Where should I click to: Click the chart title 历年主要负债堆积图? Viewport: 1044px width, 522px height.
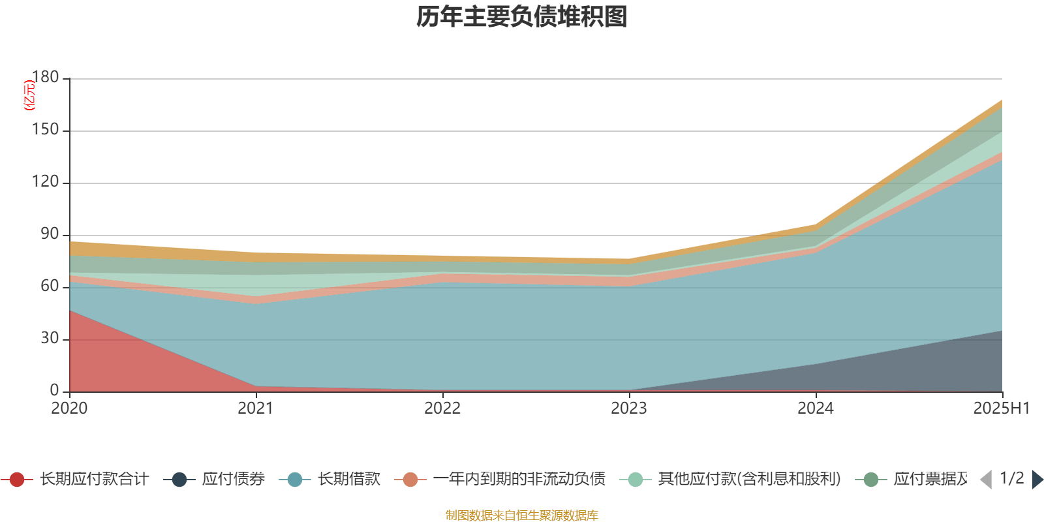click(522, 17)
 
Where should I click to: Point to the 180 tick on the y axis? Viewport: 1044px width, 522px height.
click(45, 78)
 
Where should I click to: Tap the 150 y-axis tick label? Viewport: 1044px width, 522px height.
click(45, 130)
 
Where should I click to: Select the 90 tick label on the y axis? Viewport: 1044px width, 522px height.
click(50, 234)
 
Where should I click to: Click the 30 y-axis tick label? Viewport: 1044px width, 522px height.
click(50, 339)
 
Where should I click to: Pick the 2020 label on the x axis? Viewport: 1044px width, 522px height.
click(69, 408)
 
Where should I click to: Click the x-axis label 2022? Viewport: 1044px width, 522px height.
click(442, 408)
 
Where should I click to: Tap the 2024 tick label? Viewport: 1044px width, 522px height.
click(816, 408)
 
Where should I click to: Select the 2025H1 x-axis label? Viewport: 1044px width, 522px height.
click(1000, 408)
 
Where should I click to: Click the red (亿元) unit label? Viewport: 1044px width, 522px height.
click(29, 95)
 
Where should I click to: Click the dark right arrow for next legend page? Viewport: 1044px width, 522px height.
click(1037, 480)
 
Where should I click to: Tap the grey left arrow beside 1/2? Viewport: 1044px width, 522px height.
click(986, 480)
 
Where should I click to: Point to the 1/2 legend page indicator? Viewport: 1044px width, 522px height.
click(1011, 478)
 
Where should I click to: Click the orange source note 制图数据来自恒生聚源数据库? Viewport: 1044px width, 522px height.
click(521, 515)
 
